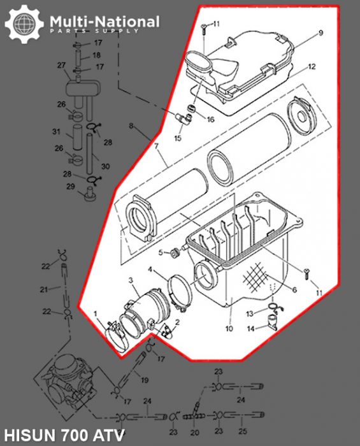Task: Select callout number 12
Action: point(312,66)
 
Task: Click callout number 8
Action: point(131,127)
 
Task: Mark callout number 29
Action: point(71,186)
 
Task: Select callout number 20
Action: point(194,431)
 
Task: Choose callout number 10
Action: point(229,329)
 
